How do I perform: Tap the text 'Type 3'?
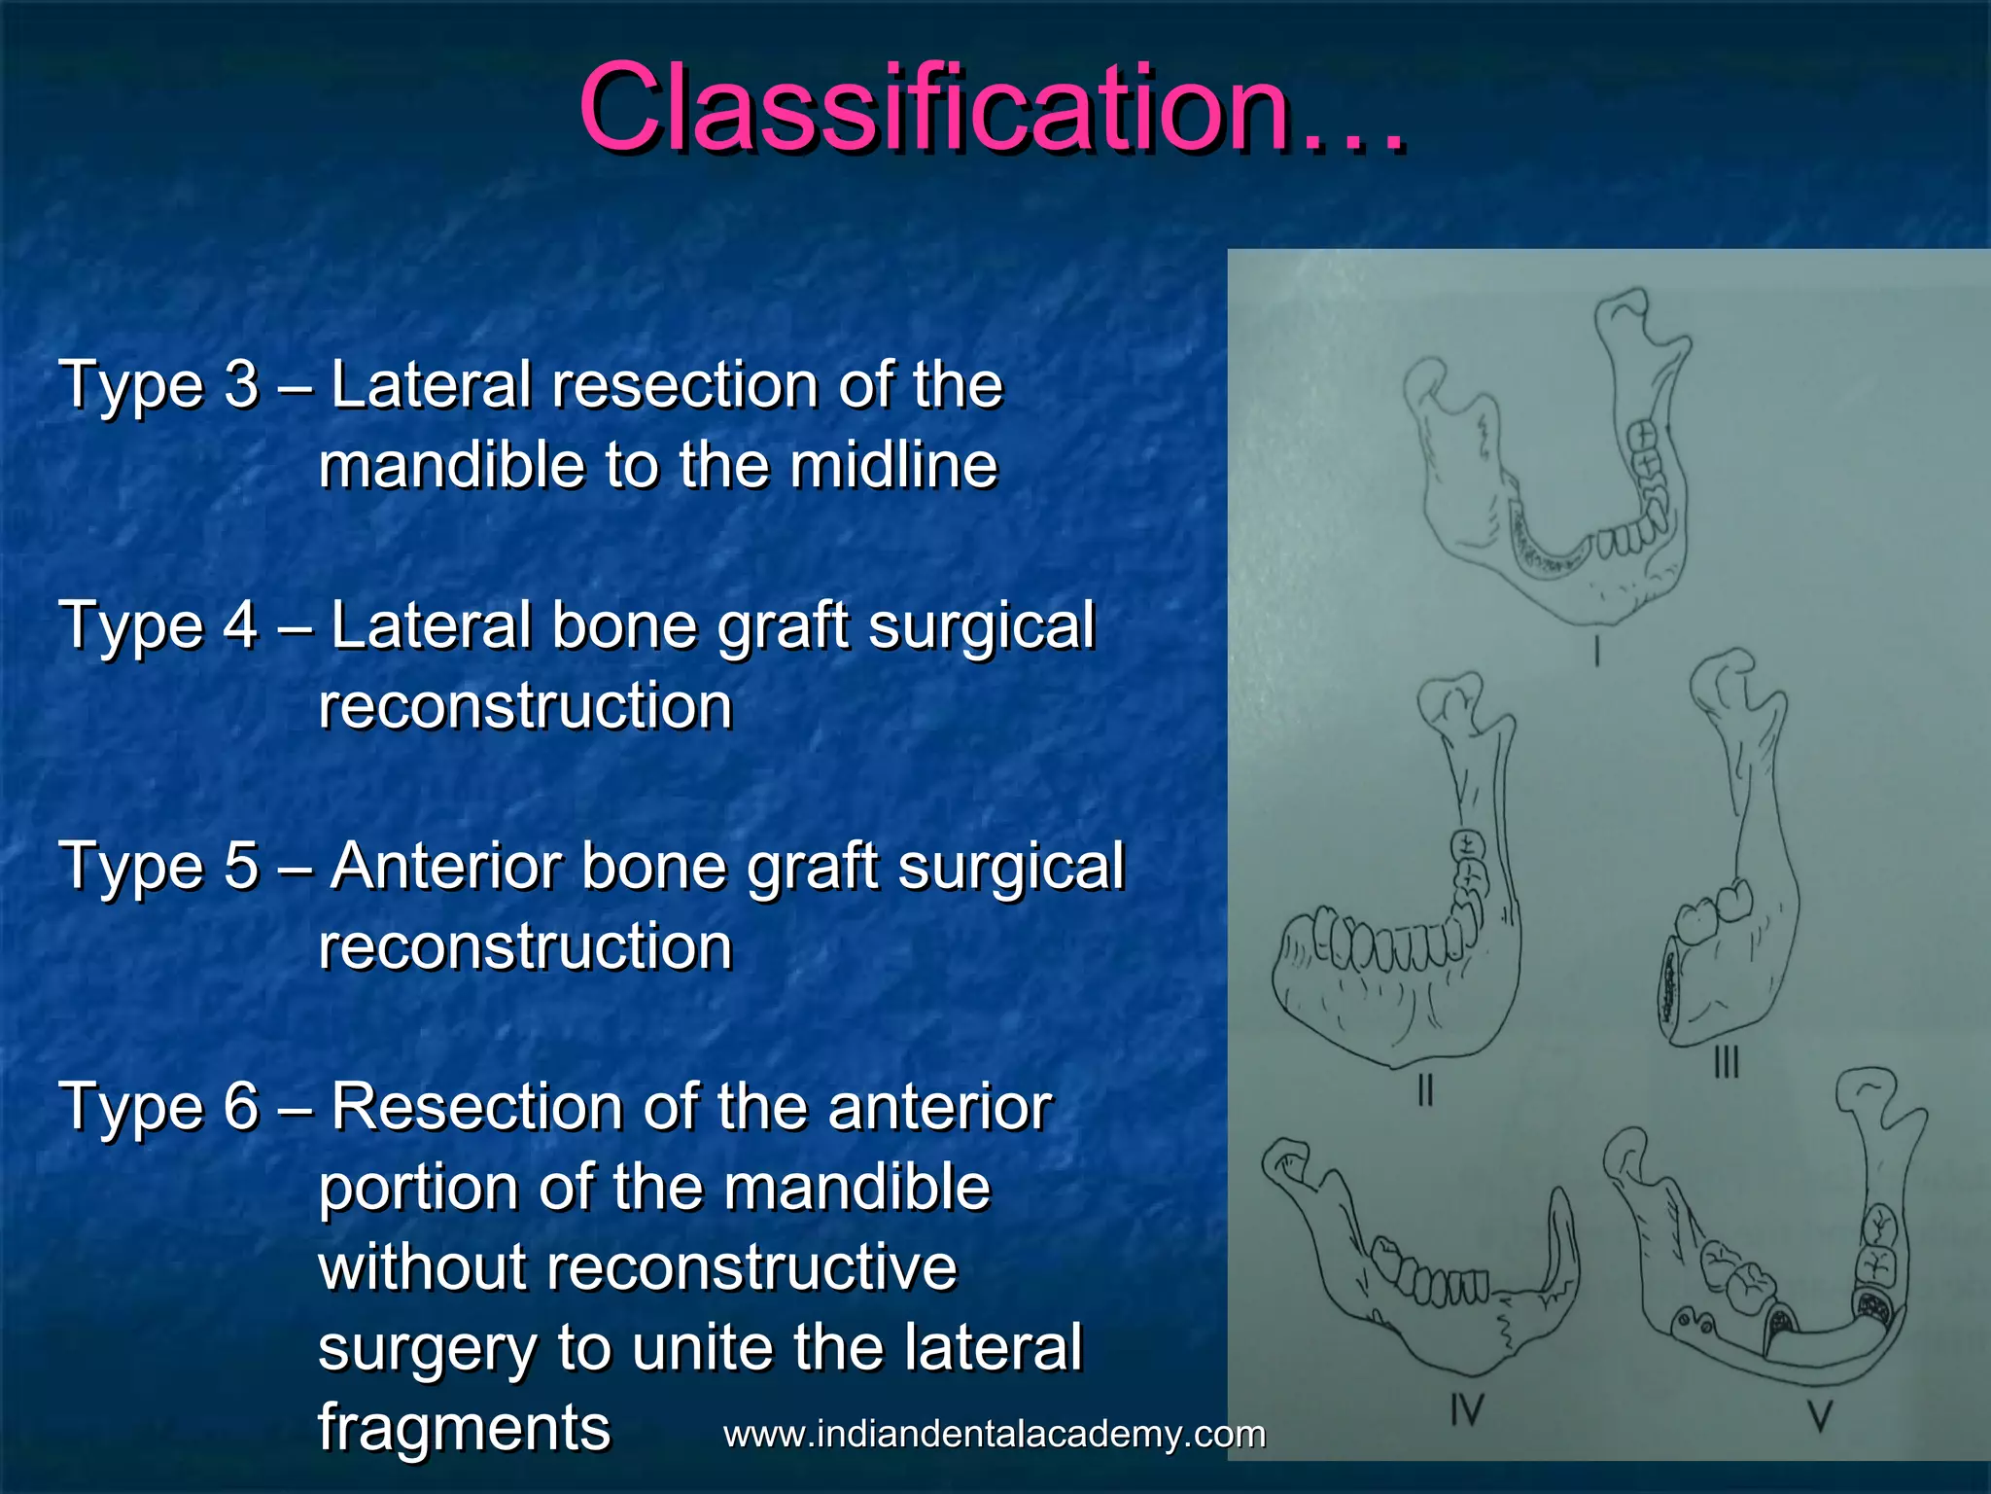pyautogui.click(x=159, y=384)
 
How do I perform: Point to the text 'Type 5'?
pyautogui.click(x=159, y=866)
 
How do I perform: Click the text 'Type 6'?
pyautogui.click(x=159, y=1107)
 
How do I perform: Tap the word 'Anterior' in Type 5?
pyautogui.click(x=446, y=866)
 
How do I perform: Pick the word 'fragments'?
pyautogui.click(x=465, y=1428)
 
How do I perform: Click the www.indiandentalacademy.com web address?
pyautogui.click(x=995, y=1434)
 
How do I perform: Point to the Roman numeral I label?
pyautogui.click(x=1596, y=651)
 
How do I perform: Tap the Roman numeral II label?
pyautogui.click(x=1425, y=1090)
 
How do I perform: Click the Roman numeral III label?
pyautogui.click(x=1726, y=1061)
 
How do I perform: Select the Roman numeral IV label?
pyautogui.click(x=1467, y=1407)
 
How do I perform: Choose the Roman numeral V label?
pyautogui.click(x=1819, y=1415)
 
